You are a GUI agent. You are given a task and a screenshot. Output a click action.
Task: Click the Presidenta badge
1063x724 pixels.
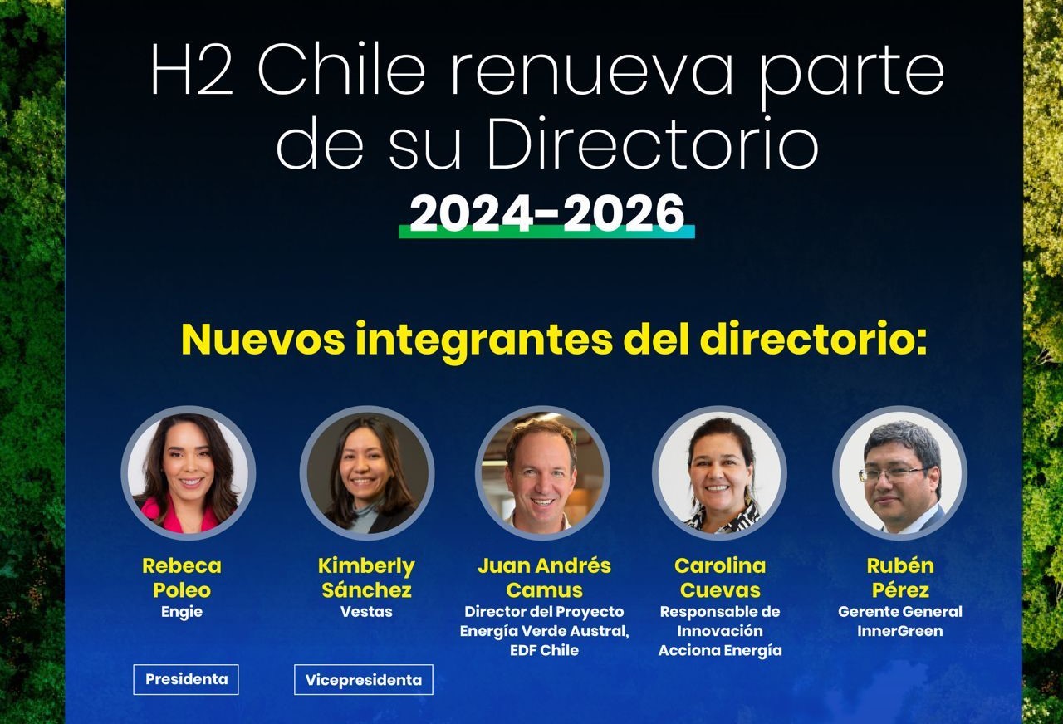click(185, 679)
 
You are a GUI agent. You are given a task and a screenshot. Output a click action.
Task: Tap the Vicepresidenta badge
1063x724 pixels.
click(364, 679)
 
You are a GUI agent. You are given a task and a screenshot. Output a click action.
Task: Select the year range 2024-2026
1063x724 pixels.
click(546, 213)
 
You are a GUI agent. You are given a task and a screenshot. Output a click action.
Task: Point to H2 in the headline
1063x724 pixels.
click(192, 69)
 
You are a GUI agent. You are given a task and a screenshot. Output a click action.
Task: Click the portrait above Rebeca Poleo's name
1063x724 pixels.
click(189, 473)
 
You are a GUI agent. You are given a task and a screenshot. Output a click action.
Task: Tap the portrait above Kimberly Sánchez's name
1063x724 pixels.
click(367, 473)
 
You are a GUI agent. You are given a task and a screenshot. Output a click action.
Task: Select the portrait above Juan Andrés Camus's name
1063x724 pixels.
click(543, 473)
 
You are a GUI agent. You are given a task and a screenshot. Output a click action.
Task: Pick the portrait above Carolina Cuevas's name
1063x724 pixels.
click(720, 473)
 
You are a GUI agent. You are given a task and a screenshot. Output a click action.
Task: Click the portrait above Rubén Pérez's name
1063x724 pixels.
click(899, 473)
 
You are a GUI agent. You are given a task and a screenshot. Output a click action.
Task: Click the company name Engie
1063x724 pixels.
click(182, 612)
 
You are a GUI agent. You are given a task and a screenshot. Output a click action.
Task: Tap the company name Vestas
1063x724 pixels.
click(366, 612)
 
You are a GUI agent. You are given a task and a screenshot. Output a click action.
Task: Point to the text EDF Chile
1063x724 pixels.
click(544, 650)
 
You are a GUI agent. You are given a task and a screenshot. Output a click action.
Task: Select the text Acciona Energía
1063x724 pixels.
click(720, 650)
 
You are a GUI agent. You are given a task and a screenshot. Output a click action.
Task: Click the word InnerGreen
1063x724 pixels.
click(899, 631)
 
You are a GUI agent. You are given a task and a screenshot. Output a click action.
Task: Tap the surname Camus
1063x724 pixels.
click(544, 590)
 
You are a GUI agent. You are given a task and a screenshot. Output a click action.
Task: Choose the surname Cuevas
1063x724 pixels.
click(720, 590)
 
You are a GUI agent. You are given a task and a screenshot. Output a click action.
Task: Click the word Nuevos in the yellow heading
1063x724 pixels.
click(263, 340)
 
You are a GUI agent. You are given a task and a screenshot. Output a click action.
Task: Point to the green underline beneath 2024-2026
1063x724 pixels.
click(546, 232)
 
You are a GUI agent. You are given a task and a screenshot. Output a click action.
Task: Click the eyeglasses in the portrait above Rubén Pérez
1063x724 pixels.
click(893, 474)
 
